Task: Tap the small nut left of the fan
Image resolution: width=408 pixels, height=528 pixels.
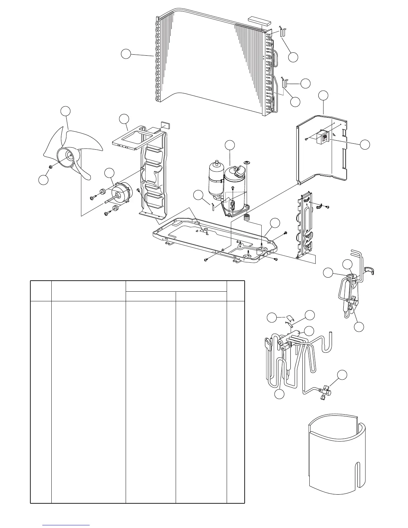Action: [50, 166]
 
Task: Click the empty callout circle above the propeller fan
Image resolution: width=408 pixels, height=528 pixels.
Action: [66, 111]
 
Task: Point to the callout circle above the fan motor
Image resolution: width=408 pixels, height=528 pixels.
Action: [109, 173]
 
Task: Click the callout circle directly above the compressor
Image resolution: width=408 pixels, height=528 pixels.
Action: [230, 145]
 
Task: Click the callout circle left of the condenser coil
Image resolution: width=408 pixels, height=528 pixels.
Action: [126, 54]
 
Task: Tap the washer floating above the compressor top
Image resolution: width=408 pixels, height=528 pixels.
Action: [247, 162]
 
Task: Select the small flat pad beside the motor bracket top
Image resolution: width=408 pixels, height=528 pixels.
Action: [165, 125]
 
